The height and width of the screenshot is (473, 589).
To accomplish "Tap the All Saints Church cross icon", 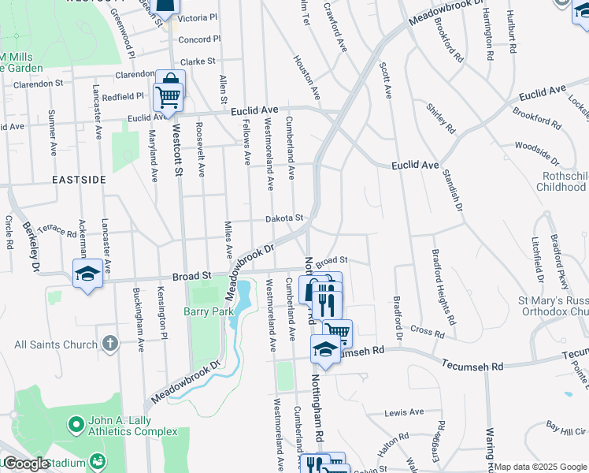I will coord(109,344).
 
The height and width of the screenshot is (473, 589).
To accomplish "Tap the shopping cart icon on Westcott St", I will coord(169,97).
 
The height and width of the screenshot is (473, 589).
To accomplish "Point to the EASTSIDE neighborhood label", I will coord(79,180).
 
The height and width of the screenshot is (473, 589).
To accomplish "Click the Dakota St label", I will coord(283,218).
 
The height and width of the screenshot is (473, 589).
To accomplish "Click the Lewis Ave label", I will coord(404,412).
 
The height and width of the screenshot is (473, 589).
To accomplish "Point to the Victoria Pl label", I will coord(198,17).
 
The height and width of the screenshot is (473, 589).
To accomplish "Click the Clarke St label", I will coord(198,61).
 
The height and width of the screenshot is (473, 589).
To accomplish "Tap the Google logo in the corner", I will coord(26,464).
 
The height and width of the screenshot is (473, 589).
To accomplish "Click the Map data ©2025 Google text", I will coord(540,467).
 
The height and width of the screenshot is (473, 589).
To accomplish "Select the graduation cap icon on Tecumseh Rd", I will coord(325,348).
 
